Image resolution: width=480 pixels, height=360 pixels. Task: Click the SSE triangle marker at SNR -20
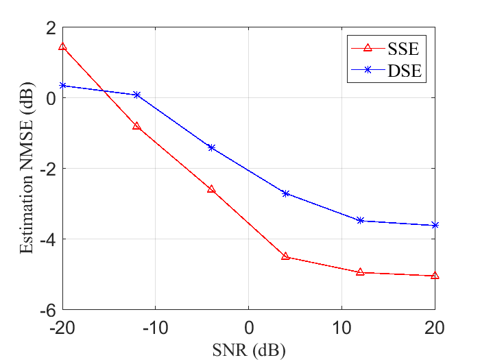point(62,47)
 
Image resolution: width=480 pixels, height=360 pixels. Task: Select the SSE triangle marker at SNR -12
point(137,125)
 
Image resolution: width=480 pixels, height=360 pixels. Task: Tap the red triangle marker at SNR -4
point(211,189)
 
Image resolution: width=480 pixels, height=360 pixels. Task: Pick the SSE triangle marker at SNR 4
point(286,256)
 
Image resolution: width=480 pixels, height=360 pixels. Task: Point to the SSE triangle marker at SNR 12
point(360,272)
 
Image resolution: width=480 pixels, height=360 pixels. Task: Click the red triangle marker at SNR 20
point(435,276)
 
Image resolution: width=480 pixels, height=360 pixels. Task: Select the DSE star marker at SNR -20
point(63,86)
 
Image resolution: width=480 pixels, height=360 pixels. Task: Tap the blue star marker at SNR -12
point(137,95)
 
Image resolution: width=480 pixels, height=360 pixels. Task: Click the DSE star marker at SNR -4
point(211,148)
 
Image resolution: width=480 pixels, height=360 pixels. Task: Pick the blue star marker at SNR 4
point(286,194)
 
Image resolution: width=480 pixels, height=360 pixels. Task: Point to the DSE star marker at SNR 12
point(360,220)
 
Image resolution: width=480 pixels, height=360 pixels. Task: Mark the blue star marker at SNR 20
point(435,226)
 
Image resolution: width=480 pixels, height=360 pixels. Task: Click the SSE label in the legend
point(403,49)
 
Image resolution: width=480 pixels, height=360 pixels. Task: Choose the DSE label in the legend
point(405,71)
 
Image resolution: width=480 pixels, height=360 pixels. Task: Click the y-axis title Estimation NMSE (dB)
point(27,168)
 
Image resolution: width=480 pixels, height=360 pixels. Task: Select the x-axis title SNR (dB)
point(249,350)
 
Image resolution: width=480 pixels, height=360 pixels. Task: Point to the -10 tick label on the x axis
point(155,328)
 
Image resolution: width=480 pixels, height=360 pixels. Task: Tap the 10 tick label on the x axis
point(341,328)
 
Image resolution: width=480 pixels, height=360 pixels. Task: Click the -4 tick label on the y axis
point(48,239)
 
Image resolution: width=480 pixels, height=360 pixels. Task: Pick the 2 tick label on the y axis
point(51,28)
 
